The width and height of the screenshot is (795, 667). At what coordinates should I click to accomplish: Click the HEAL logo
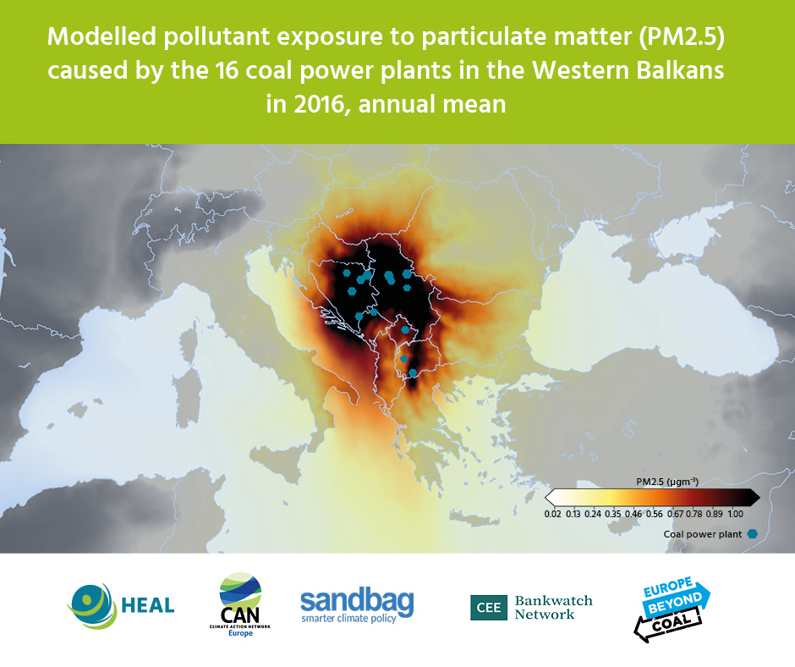click(x=121, y=604)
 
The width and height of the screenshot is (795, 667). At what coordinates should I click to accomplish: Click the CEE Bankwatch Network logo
click(x=531, y=607)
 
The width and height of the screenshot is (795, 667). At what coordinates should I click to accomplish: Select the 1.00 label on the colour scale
click(x=735, y=512)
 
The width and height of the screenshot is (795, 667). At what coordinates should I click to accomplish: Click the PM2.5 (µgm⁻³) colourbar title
click(x=666, y=481)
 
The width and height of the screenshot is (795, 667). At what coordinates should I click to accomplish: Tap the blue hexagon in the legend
click(x=752, y=534)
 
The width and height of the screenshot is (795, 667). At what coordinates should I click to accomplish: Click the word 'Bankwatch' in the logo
click(x=553, y=600)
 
